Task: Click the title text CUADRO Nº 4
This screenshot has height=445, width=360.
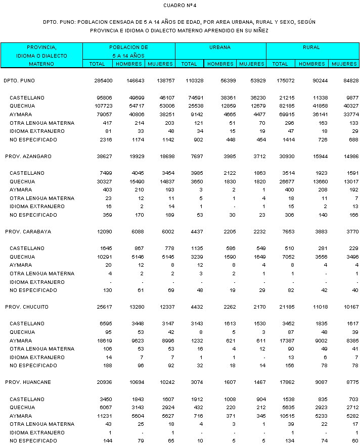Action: pos(179,5)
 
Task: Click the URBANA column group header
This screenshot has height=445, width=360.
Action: pos(220,47)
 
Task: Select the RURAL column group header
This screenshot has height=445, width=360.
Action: pos(311,47)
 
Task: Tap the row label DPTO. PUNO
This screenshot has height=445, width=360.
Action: pos(19,81)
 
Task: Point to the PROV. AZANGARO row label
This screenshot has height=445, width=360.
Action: pos(28,157)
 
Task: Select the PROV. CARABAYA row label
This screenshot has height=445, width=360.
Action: pos(28,232)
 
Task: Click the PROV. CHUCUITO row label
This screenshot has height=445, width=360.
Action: pos(28,307)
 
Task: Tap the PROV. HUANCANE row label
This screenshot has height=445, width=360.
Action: pos(28,382)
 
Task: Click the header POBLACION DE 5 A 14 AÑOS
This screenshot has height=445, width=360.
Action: pos(128,51)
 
